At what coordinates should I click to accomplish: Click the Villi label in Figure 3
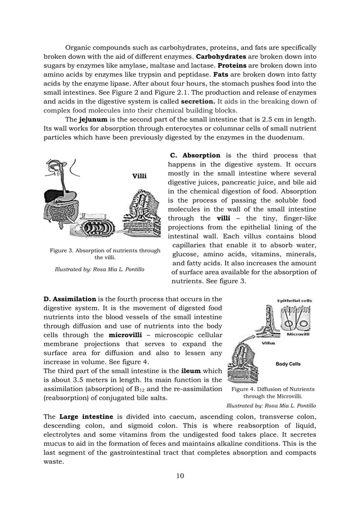tap(139, 176)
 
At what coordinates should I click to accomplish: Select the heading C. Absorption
tap(195, 155)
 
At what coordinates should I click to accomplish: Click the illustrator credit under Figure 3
tap(99, 270)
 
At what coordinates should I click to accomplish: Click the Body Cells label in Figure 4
tap(287, 364)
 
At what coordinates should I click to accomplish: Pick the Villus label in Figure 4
tap(268, 343)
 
